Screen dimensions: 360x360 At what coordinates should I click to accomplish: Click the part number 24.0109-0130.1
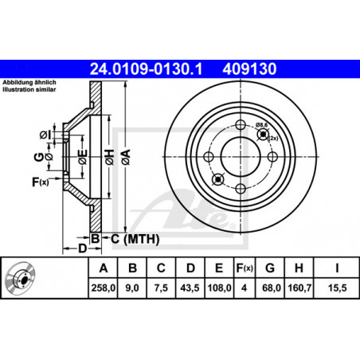[x=146, y=69]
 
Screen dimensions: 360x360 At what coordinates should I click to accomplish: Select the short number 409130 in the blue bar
[x=249, y=69]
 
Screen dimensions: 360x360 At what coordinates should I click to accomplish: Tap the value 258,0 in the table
[x=104, y=288]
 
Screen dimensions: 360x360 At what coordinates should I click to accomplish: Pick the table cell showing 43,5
[x=190, y=288]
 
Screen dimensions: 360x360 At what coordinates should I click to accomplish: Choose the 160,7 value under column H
[x=299, y=288]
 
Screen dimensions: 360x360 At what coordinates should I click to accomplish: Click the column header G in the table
[x=270, y=268]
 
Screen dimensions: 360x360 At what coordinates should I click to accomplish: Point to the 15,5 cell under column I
[x=337, y=288]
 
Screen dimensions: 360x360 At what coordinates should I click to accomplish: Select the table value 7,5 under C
[x=161, y=288]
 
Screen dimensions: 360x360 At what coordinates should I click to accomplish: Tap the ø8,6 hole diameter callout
[x=261, y=124]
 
